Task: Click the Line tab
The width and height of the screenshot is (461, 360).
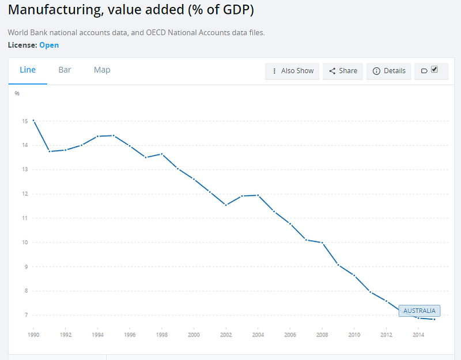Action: click(28, 70)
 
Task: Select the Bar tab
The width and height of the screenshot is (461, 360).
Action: click(65, 70)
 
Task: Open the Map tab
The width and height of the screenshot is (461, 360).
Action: click(102, 70)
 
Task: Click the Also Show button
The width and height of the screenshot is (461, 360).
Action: click(292, 71)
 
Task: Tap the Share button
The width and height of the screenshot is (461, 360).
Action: click(343, 71)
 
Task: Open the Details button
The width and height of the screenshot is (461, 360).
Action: click(389, 71)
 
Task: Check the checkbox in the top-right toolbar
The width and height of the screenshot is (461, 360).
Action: click(434, 70)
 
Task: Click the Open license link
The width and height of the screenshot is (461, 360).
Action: click(49, 45)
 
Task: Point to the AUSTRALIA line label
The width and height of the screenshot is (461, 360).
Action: click(419, 311)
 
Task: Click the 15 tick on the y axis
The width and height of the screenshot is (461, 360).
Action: click(25, 121)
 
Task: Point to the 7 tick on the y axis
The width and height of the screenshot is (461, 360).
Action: click(25, 315)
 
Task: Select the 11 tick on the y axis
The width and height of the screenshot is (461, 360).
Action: click(25, 218)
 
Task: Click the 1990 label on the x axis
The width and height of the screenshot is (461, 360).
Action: click(33, 335)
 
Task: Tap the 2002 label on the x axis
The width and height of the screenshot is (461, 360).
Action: click(226, 335)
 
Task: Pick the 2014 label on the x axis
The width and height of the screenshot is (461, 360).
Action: click(418, 335)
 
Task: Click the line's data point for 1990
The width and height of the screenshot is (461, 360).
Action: click(33, 120)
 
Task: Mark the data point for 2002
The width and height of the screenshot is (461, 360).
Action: click(226, 205)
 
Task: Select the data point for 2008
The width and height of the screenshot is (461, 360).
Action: click(322, 243)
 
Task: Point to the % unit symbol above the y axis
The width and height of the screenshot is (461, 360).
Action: click(17, 93)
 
